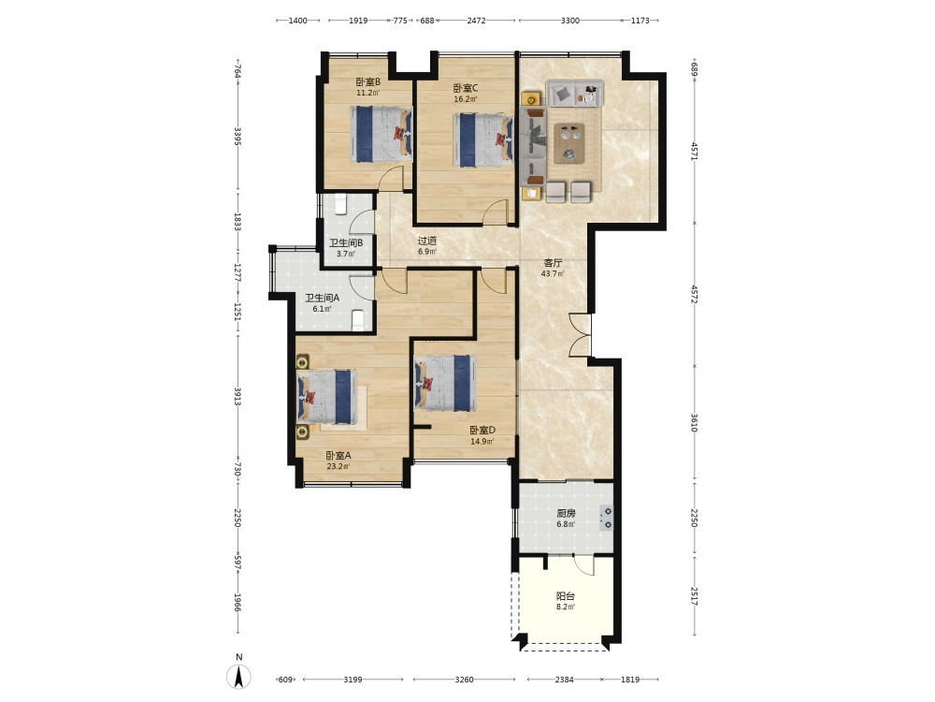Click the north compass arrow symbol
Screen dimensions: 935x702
click(x=238, y=677)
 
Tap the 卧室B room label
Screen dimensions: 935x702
click(x=367, y=81)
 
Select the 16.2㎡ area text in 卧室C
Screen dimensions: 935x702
click(x=465, y=99)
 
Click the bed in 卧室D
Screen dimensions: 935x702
click(x=445, y=383)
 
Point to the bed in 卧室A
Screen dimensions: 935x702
click(x=327, y=396)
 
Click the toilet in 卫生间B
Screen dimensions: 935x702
click(x=340, y=205)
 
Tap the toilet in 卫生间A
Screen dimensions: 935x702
click(x=358, y=320)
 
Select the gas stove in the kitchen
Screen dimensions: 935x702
click(x=607, y=519)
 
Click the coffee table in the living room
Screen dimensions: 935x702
click(x=568, y=143)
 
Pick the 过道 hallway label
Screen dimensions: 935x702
click(x=427, y=241)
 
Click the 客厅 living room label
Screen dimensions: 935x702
click(x=553, y=263)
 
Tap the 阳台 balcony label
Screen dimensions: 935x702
click(x=566, y=595)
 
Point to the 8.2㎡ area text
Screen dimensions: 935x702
click(x=566, y=607)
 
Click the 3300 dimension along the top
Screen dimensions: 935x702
click(x=570, y=21)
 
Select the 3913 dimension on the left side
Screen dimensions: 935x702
click(x=237, y=396)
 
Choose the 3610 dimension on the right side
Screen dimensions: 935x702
click(x=694, y=422)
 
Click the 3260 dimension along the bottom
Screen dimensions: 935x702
click(x=464, y=680)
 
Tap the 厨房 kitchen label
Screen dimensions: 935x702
click(x=566, y=513)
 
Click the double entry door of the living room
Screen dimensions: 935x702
click(x=581, y=335)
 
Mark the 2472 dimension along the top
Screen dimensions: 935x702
click(x=476, y=21)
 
